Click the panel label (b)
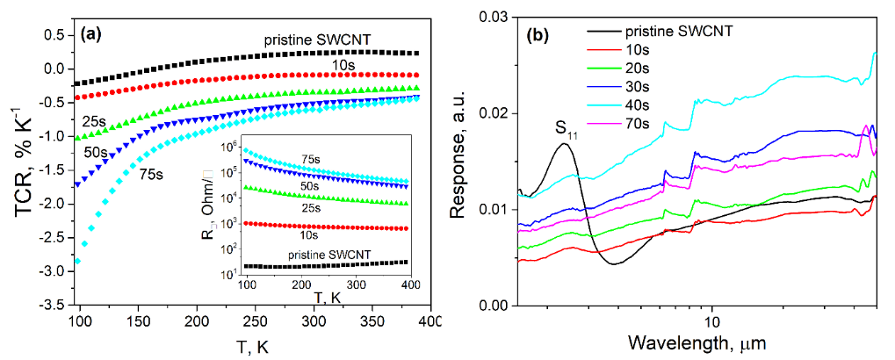[538, 37]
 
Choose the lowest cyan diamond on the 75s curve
[79, 261]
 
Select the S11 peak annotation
[566, 129]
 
